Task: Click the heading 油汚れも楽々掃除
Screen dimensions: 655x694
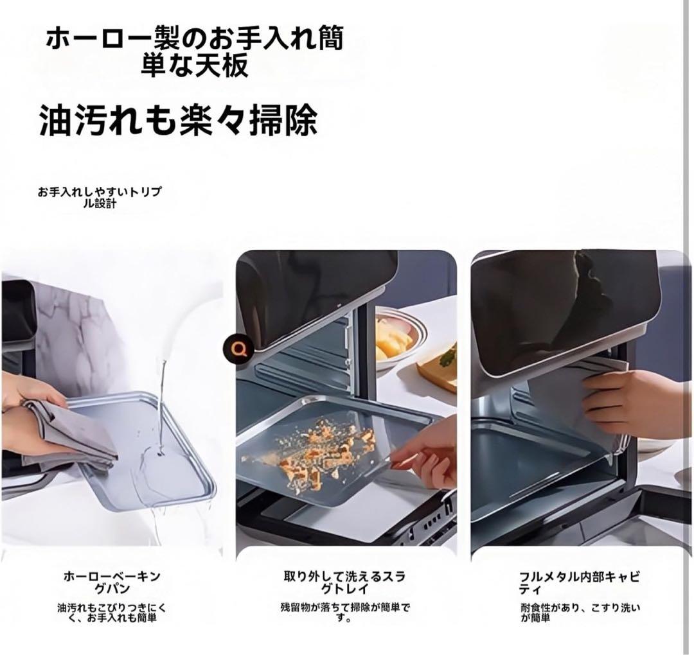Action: point(178,120)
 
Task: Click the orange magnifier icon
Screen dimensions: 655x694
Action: point(240,349)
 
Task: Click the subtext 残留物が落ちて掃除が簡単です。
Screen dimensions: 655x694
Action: point(344,613)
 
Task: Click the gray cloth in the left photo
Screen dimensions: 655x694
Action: point(71,437)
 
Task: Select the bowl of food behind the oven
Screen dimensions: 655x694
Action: point(398,337)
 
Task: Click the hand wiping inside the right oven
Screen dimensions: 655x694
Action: point(633,401)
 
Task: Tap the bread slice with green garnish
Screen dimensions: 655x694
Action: point(440,366)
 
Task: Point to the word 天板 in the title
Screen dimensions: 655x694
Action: point(226,65)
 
